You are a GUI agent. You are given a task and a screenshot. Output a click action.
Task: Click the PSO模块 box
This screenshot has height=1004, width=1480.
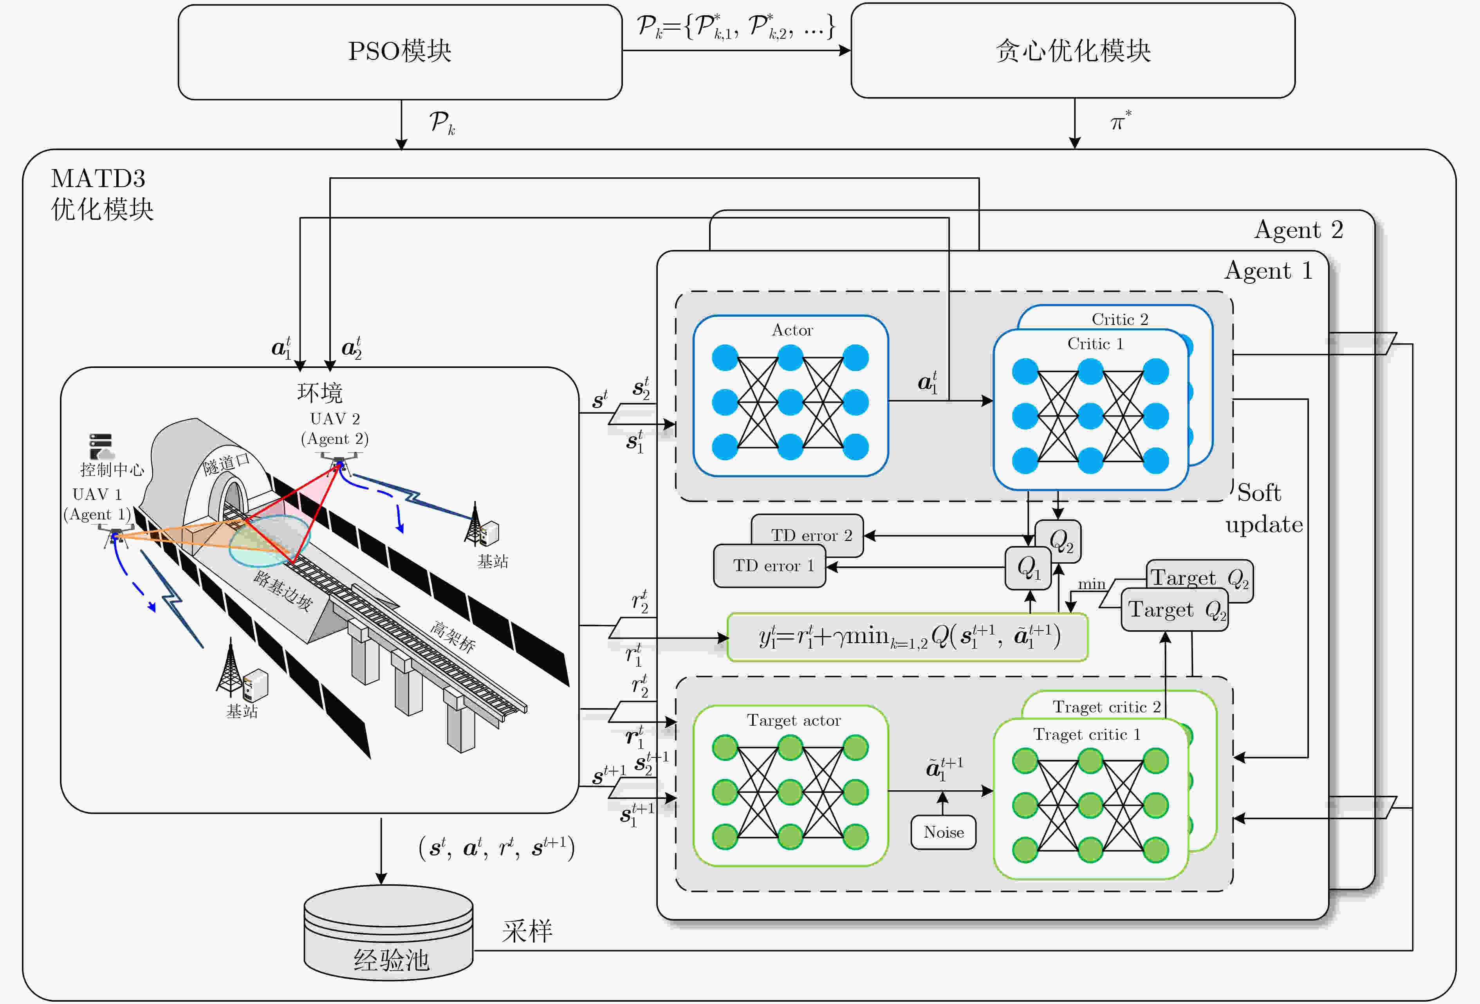pyautogui.click(x=400, y=52)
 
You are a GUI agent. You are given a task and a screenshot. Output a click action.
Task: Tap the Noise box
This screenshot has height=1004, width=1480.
pyautogui.click(x=943, y=832)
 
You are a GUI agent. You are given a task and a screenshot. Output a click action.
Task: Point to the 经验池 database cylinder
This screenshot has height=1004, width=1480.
pyautogui.click(x=388, y=933)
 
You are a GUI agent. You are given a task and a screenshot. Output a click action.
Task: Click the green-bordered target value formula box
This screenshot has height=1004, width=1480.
pyautogui.click(x=908, y=637)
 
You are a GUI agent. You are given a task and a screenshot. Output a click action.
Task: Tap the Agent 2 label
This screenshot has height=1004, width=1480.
pyautogui.click(x=1299, y=230)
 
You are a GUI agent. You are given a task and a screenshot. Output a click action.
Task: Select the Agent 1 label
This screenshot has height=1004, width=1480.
pyautogui.click(x=1269, y=270)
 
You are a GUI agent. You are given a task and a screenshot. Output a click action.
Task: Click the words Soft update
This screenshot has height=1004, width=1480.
pyautogui.click(x=1264, y=508)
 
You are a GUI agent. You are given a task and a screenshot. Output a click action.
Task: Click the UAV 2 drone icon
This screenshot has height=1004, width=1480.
pyautogui.click(x=338, y=463)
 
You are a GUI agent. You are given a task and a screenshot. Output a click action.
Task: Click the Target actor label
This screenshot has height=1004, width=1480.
pyautogui.click(x=794, y=720)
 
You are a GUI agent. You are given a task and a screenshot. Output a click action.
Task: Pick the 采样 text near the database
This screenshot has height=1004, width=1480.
pyautogui.click(x=527, y=932)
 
